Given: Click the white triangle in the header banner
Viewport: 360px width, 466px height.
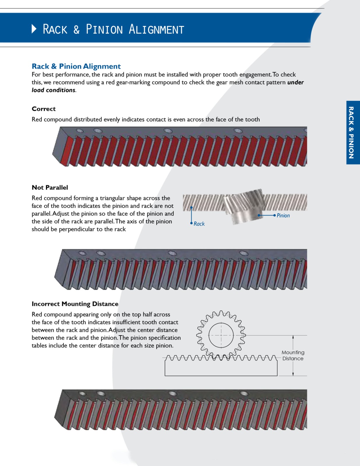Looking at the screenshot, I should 34,29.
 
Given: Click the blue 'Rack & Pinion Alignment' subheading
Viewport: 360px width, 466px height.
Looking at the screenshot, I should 76,66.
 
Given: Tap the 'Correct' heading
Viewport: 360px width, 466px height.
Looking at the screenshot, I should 44,109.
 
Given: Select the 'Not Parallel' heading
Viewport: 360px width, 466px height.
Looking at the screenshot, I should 50,188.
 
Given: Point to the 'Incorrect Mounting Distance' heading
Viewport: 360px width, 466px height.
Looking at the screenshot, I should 75,304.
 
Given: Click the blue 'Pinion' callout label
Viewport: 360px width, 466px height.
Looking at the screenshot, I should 283,216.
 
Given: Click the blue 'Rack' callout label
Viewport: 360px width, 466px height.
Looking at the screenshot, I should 199,224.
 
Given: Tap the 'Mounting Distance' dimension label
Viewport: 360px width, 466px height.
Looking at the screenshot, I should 293,356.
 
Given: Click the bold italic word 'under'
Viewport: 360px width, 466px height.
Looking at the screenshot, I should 295,82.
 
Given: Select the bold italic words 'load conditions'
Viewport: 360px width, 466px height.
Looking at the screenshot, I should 54,90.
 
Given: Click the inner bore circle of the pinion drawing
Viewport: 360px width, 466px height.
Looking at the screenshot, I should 221,335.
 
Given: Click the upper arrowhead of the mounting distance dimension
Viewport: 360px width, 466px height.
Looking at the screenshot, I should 293,338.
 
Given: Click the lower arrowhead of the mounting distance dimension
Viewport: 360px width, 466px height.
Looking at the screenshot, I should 293,374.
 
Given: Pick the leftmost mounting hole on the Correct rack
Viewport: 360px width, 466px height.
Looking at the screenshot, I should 80,131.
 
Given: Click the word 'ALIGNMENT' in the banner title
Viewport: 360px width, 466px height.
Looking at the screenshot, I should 156,30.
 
